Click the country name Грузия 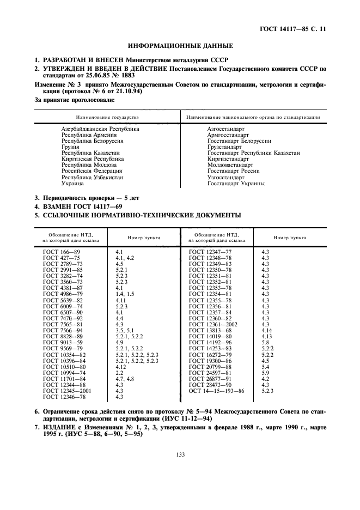[71, 147]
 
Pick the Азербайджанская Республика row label [100, 129]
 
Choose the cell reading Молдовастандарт [230, 165]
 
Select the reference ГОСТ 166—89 [61, 252]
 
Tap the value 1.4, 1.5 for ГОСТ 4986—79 [125, 294]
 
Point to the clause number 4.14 [266, 331]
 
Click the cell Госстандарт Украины [236, 184]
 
